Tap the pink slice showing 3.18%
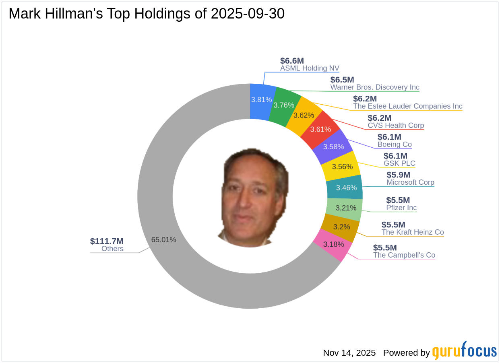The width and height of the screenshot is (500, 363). tap(334, 245)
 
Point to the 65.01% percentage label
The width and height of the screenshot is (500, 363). tap(163, 240)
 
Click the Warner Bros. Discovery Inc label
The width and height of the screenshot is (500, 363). tap(375, 87)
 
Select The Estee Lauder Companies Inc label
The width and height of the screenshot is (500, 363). tap(408, 106)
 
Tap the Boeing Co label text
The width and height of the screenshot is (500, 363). tap(395, 144)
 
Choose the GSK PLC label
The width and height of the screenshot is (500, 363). tap(399, 164)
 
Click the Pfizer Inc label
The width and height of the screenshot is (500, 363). tap(401, 208)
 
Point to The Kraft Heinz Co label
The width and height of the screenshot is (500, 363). tap(413, 232)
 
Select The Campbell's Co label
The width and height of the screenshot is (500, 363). tap(404, 255)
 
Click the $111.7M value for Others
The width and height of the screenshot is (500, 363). tap(107, 241)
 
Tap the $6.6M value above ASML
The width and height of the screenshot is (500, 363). tap(292, 61)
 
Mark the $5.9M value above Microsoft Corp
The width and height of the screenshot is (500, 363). tap(399, 175)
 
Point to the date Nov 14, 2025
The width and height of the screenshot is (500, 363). tap(349, 353)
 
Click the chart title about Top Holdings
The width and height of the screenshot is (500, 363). tap(147, 14)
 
